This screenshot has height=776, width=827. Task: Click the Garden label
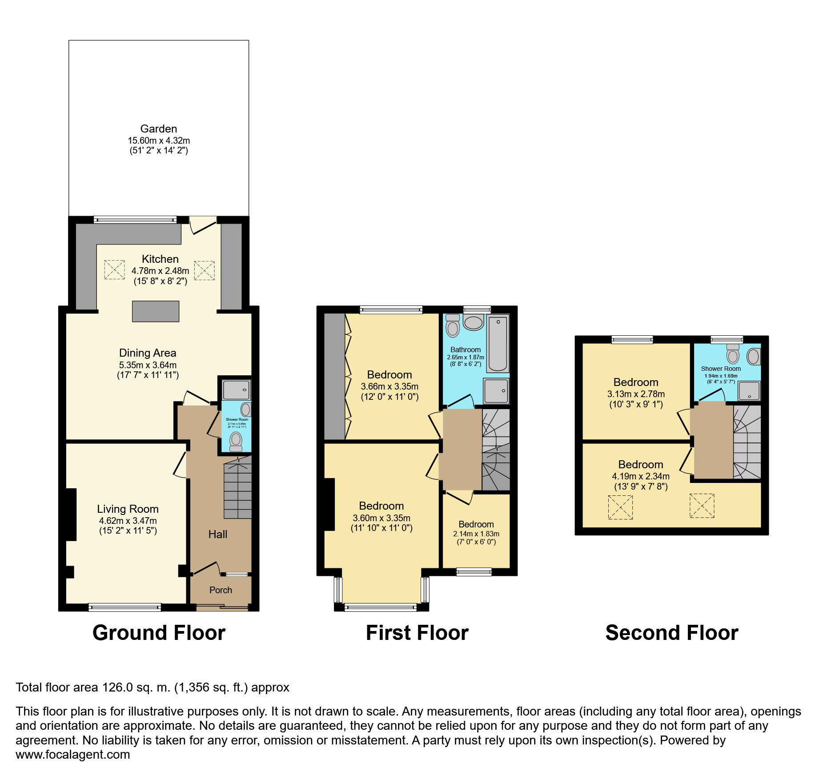pos(159,129)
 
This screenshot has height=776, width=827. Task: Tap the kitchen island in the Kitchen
pos(156,311)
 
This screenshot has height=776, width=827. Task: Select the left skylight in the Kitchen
pos(114,269)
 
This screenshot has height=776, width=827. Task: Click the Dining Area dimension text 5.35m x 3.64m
pos(148,365)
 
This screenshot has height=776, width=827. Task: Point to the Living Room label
pos(128,509)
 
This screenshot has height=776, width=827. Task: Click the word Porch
pos(221,590)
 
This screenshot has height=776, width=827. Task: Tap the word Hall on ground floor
pos(217,534)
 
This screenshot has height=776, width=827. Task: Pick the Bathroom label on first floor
pos(465,350)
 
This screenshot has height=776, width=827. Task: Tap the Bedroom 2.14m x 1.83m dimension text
pos(476,534)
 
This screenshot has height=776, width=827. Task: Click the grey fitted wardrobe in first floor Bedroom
pos(334,376)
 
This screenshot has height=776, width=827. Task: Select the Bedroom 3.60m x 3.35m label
pos(381,506)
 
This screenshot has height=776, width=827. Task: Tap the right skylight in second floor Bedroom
pos(702,506)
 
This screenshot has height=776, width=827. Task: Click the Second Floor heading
pos(671,632)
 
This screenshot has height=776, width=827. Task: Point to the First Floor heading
pos(417,632)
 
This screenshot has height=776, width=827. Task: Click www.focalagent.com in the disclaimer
pos(73,754)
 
